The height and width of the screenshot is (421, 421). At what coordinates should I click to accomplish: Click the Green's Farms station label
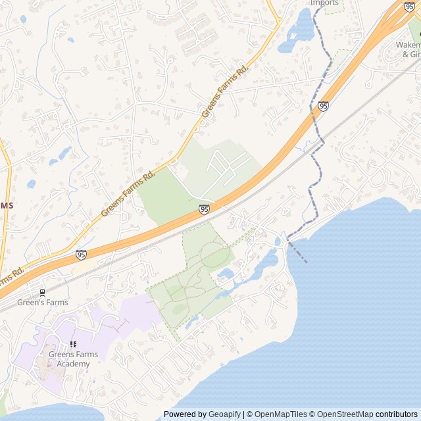pyautogui.click(x=42, y=303)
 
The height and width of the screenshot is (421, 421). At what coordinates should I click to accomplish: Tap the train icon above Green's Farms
pyautogui.click(x=43, y=292)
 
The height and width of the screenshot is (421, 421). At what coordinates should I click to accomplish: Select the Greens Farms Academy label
pyautogui.click(x=73, y=359)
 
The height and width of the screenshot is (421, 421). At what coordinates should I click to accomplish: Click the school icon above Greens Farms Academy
pyautogui.click(x=73, y=344)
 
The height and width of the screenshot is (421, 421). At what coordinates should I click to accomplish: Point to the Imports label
pyautogui.click(x=325, y=3)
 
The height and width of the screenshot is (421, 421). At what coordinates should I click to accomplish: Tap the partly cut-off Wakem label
pyautogui.click(x=408, y=45)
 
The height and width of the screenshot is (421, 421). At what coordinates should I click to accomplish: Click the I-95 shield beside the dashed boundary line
pyautogui.click(x=323, y=106)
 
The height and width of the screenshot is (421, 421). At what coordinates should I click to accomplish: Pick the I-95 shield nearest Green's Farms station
pyautogui.click(x=80, y=255)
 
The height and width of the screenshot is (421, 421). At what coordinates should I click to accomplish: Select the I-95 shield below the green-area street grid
pyautogui.click(x=204, y=209)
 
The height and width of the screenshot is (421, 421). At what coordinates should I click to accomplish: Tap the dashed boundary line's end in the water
pyautogui.click(x=306, y=262)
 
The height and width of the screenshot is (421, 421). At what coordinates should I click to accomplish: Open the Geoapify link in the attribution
pyautogui.click(x=225, y=414)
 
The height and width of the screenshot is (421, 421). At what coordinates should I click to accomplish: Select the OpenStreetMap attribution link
pyautogui.click(x=342, y=414)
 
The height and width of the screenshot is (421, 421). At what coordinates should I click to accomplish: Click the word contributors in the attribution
pyautogui.click(x=396, y=414)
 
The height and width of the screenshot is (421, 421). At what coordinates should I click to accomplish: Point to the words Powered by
pyautogui.click(x=185, y=414)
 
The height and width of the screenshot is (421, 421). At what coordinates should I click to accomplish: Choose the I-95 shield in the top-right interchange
pyautogui.click(x=409, y=7)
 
